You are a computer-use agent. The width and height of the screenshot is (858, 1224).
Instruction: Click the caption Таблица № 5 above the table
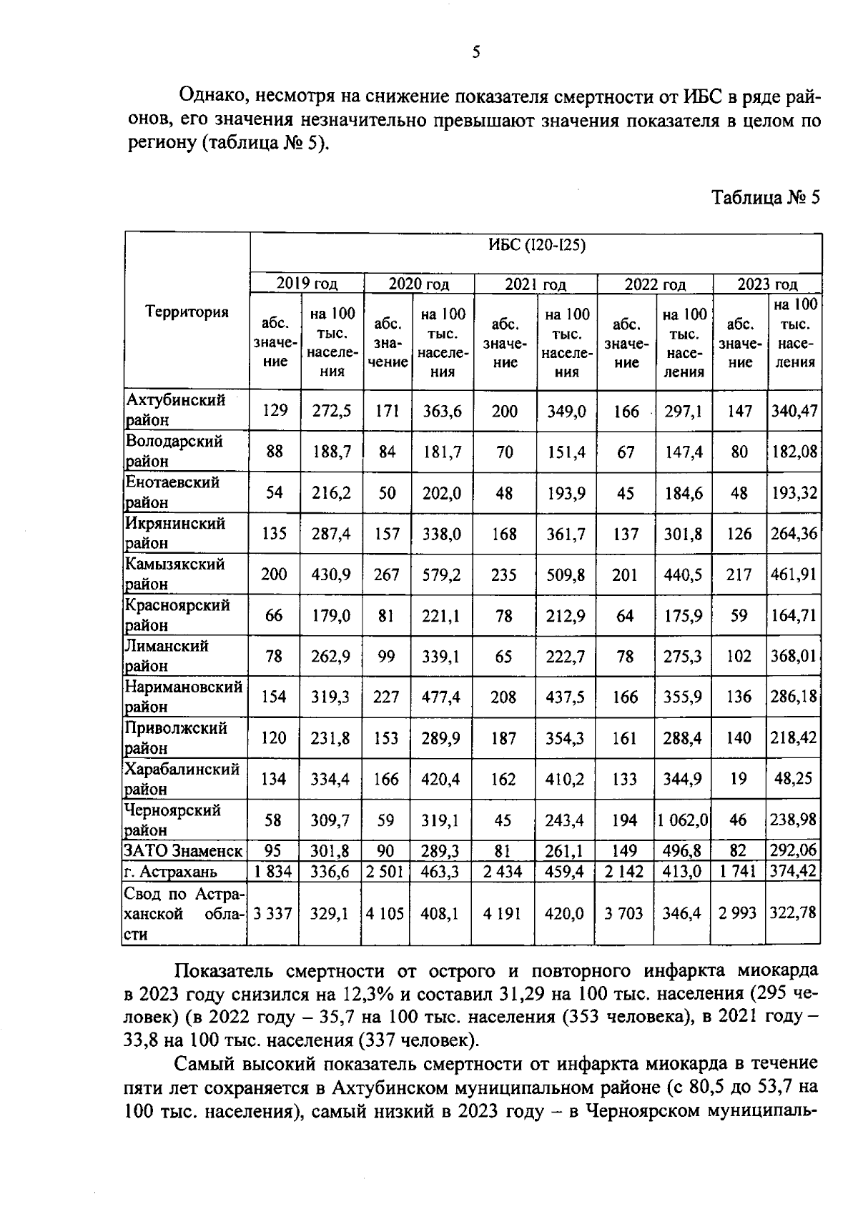[x=764, y=198]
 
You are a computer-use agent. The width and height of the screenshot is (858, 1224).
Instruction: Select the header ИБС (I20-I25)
[x=536, y=246]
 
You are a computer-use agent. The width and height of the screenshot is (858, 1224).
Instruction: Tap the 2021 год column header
[x=536, y=284]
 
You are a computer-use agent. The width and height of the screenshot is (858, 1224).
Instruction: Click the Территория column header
[x=187, y=312]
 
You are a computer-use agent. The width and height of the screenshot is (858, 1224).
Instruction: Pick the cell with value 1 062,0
[x=683, y=820]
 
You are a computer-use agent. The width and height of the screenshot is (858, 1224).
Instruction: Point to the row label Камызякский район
[x=174, y=574]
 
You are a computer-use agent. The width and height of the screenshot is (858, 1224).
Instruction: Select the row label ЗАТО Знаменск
[x=183, y=851]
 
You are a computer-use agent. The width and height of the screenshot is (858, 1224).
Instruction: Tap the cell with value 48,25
[x=794, y=779]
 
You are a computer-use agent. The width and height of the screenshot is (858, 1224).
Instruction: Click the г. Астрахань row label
[x=170, y=872]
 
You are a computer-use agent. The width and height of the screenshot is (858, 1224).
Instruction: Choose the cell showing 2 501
[x=385, y=872]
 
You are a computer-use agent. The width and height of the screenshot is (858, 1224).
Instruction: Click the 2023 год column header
[x=767, y=284]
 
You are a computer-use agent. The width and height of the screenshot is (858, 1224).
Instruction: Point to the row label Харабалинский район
[x=182, y=779]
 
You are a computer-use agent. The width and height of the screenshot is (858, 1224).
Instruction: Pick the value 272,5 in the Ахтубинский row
[x=331, y=411]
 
